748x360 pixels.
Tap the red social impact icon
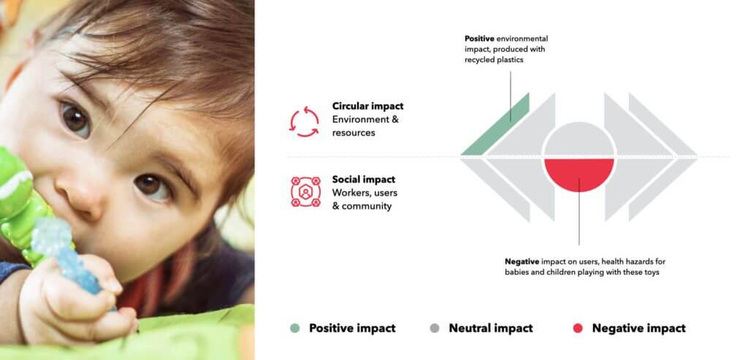pos(305,192)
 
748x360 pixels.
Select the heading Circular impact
pos(368,106)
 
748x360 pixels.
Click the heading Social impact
pos(364,180)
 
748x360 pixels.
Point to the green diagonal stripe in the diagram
pos(496,124)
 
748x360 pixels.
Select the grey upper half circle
pos(579,139)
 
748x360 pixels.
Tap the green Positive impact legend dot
pos(295,328)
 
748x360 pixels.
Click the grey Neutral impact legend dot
pos(434,328)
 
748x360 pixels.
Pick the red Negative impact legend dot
pos(578,328)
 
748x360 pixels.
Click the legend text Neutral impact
pos(491,328)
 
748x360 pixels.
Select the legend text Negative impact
pos(638,328)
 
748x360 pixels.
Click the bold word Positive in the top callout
pos(479,38)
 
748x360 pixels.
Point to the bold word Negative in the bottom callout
pos(522,261)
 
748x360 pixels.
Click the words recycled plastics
pos(494,60)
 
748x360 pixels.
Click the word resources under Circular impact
pos(354,133)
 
